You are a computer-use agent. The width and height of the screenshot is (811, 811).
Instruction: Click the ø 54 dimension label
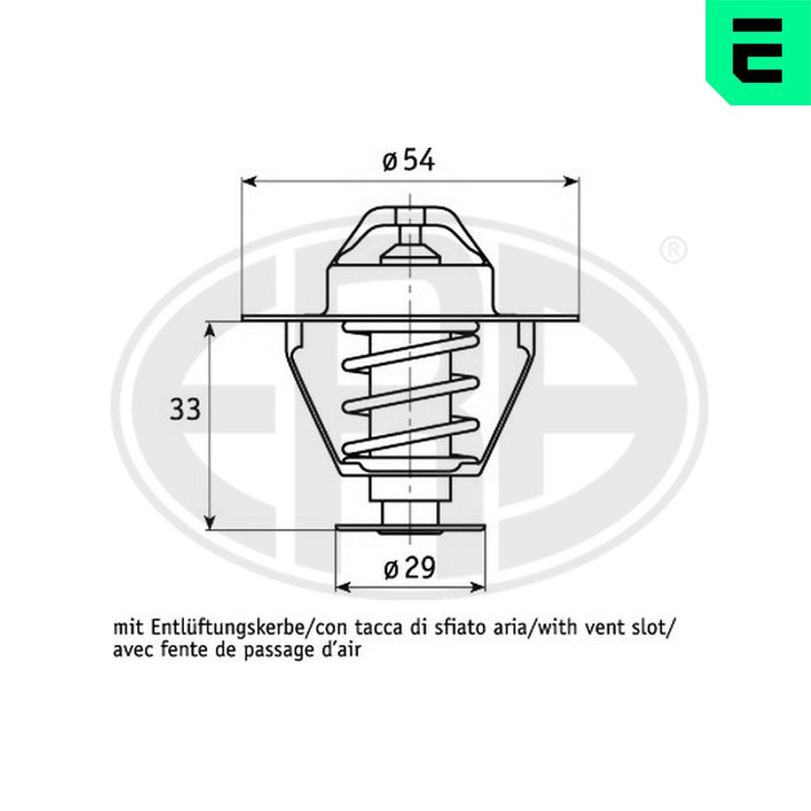point(409,160)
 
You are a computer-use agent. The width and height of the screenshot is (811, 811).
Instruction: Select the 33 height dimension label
point(185,410)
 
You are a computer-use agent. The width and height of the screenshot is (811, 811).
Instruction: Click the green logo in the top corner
point(758,52)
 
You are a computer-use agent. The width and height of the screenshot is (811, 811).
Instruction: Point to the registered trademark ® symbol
point(673,251)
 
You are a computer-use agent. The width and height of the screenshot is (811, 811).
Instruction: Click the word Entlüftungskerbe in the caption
point(228,629)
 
